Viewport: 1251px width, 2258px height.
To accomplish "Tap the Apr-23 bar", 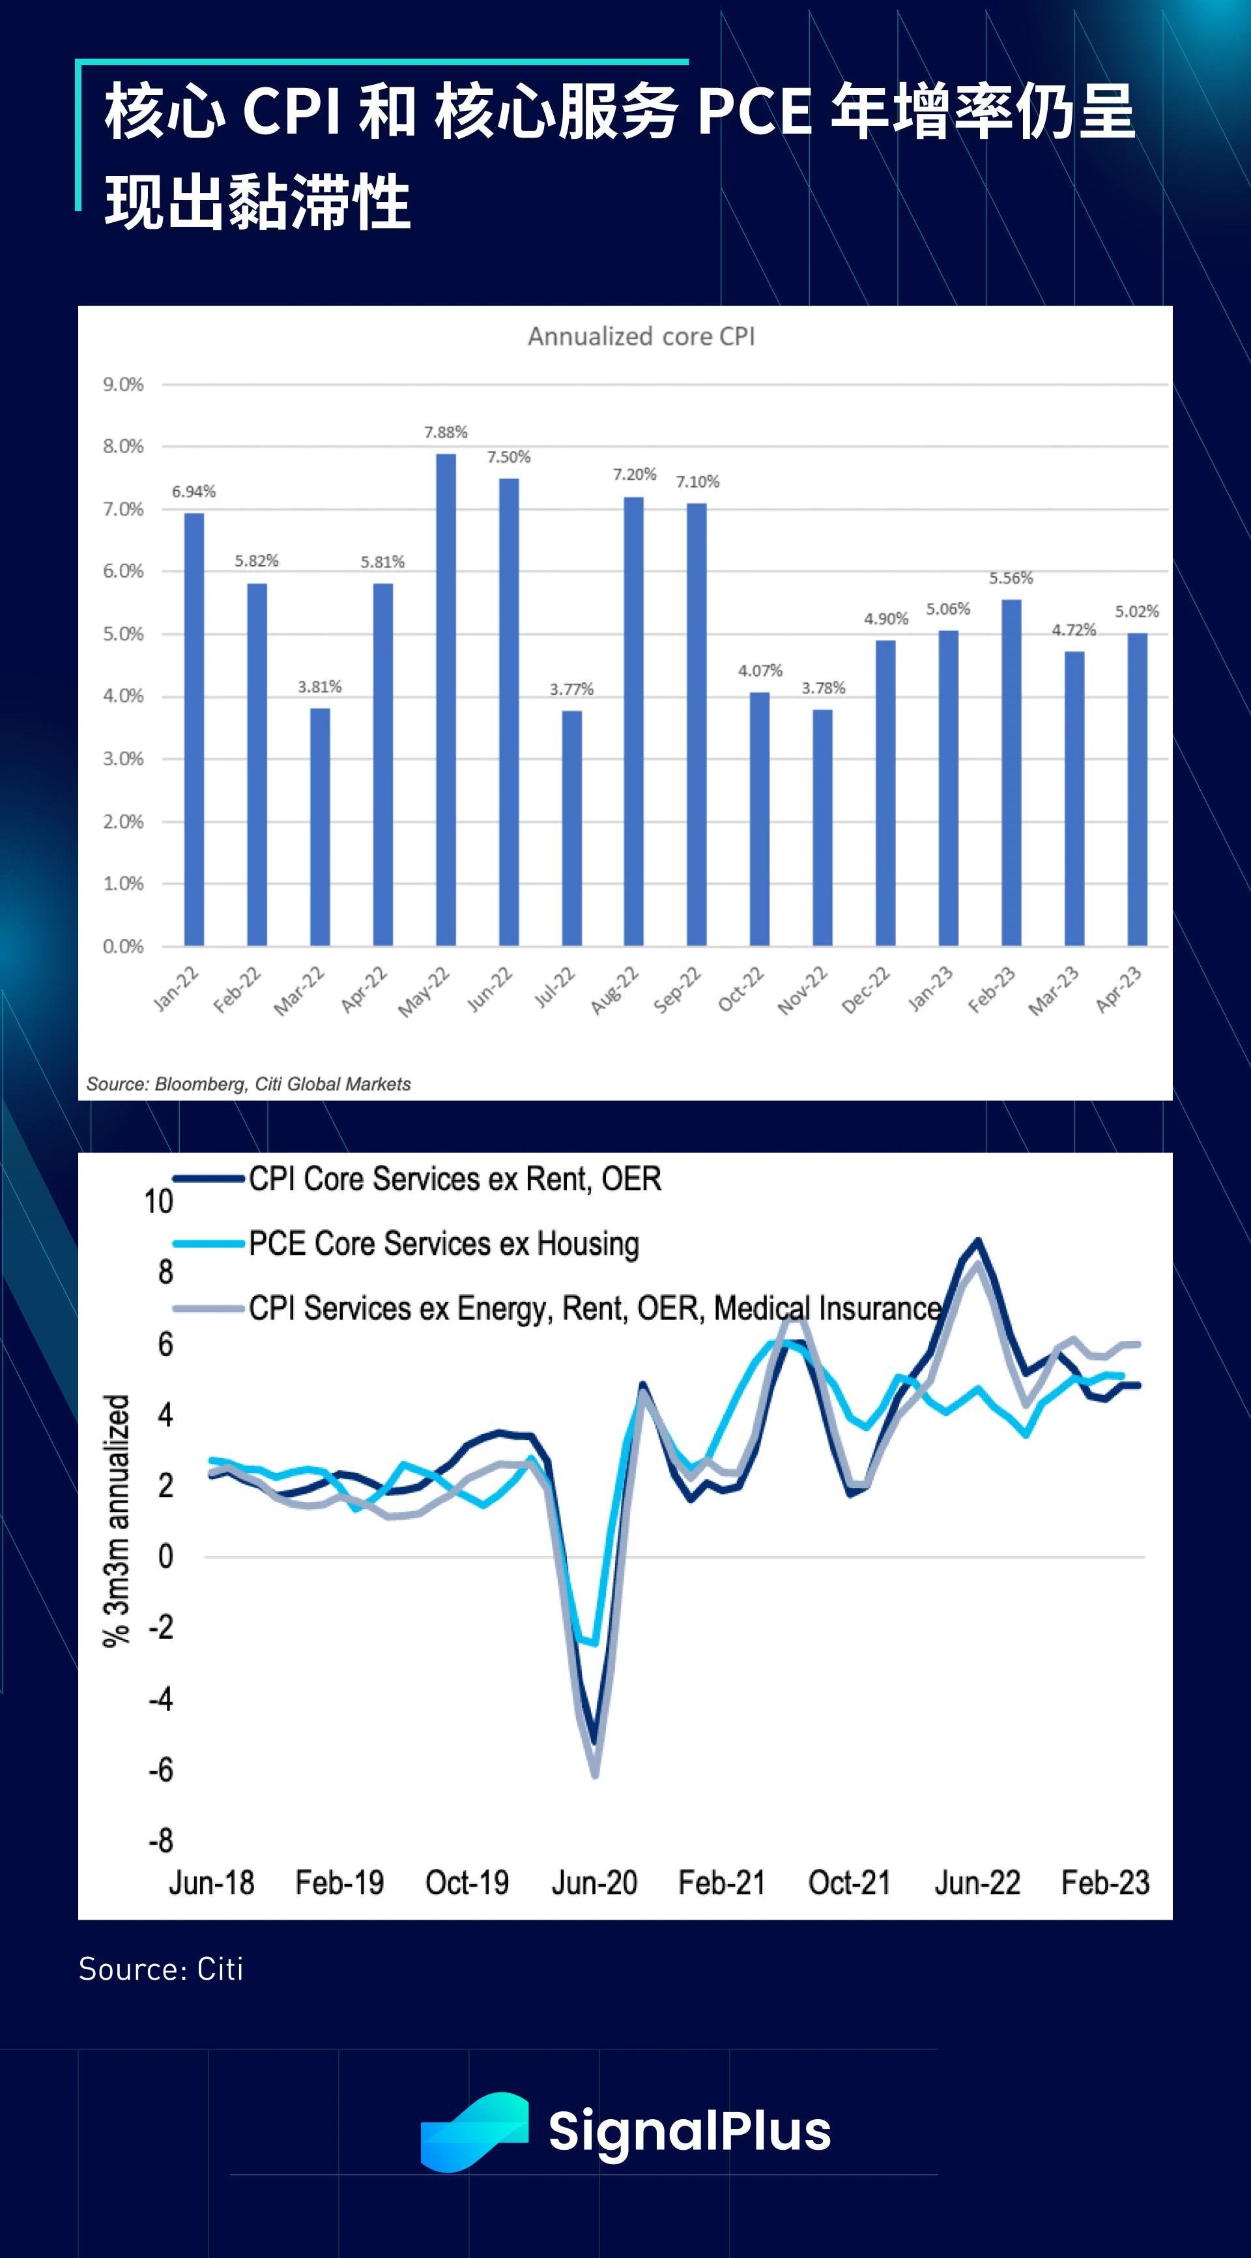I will [x=1137, y=789].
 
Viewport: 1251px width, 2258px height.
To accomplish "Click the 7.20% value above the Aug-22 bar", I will [x=634, y=474].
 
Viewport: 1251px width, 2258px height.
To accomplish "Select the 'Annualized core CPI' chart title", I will [x=641, y=336].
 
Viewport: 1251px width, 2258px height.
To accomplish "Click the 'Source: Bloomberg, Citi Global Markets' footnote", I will [x=249, y=1084].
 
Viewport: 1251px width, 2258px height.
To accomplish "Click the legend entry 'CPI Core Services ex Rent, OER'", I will [x=455, y=1179].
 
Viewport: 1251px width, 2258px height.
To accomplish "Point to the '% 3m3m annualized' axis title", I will [x=117, y=1521].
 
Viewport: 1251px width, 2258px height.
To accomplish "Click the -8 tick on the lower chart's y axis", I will [x=161, y=1841].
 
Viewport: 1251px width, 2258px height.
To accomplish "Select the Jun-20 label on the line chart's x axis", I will [x=594, y=1883].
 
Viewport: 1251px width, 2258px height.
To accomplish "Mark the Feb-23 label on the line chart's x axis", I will [x=1104, y=1883].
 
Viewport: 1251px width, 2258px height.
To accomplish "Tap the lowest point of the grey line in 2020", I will [x=596, y=1775].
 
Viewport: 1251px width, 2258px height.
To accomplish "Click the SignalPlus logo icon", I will [x=474, y=2132].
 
